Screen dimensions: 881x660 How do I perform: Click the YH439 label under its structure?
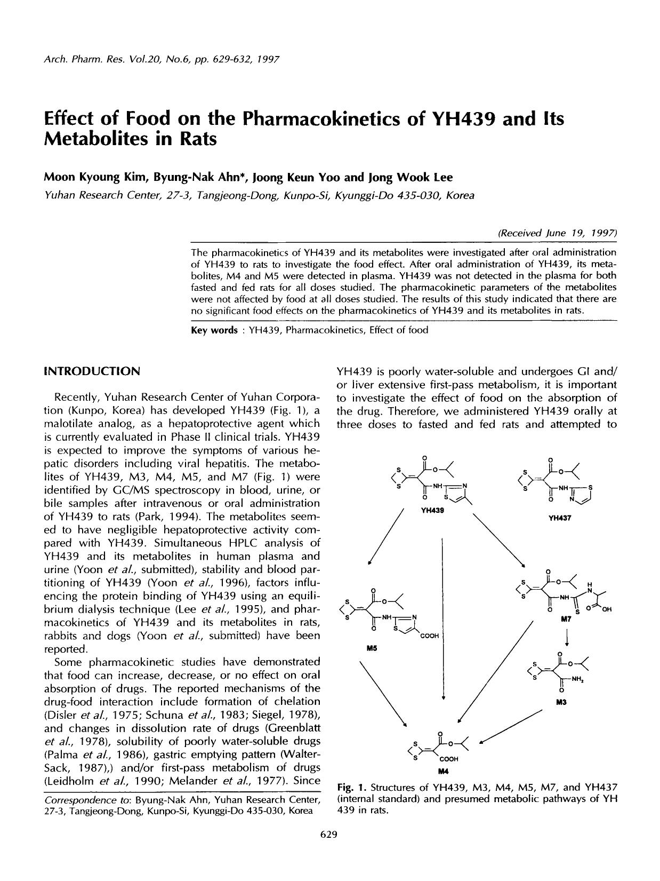(432, 511)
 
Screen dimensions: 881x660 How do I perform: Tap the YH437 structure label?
(559, 518)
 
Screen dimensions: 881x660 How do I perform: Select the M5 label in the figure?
(371, 648)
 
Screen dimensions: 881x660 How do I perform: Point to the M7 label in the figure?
(566, 620)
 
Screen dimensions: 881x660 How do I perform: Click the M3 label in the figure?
(560, 702)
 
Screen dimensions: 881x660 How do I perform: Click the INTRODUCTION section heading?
(92, 371)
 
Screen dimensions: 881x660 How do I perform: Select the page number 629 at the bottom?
(329, 835)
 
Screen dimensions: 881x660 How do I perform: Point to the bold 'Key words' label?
(214, 330)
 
